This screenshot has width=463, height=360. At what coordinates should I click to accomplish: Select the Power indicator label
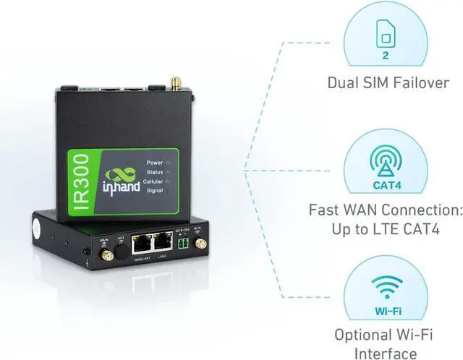(154, 163)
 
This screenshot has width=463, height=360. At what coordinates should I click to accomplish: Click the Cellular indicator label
(153, 182)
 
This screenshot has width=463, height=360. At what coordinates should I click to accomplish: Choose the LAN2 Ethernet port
(164, 246)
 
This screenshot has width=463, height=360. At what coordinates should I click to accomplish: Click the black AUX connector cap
(122, 248)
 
